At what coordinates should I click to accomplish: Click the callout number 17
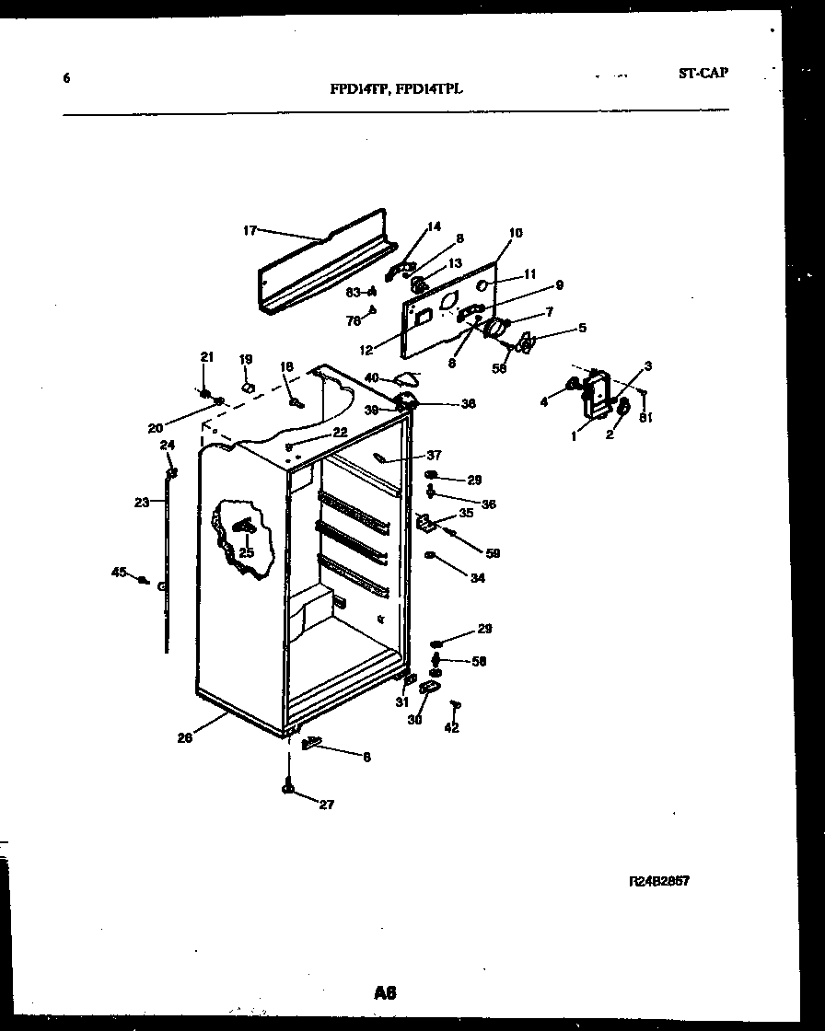click(x=250, y=230)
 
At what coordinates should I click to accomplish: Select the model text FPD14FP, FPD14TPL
click(x=396, y=90)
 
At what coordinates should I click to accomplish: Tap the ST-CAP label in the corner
click(x=703, y=73)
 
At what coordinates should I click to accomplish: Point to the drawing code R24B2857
click(x=658, y=881)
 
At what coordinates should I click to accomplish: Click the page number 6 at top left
click(x=66, y=78)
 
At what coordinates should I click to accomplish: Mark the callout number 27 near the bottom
click(x=326, y=805)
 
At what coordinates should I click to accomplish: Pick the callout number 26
click(x=186, y=736)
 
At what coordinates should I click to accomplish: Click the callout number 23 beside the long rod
click(x=141, y=503)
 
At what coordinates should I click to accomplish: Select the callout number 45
click(x=119, y=573)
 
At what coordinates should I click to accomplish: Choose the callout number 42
click(x=450, y=727)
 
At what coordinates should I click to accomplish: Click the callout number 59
click(x=493, y=552)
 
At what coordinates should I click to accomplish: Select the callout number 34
click(x=477, y=578)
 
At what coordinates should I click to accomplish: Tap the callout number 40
click(x=372, y=376)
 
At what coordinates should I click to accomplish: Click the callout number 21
click(x=206, y=357)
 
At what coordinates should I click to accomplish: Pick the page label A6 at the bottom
click(x=385, y=992)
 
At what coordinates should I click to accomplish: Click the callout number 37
click(x=434, y=456)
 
